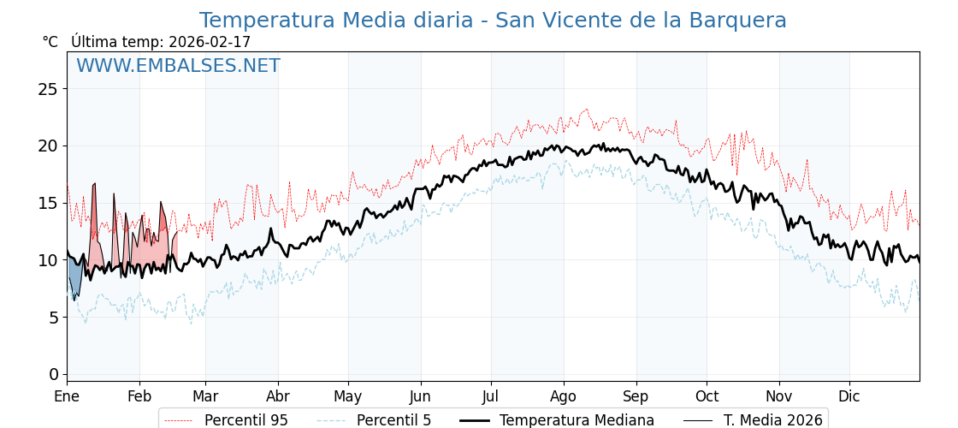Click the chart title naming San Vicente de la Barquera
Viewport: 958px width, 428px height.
(x=492, y=21)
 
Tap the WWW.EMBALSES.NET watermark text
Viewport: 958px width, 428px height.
(x=178, y=66)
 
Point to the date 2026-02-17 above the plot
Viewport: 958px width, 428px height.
(x=210, y=42)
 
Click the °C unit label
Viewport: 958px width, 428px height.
(x=50, y=42)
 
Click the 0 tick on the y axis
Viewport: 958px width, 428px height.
(x=54, y=374)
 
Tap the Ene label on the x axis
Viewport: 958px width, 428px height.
(x=67, y=396)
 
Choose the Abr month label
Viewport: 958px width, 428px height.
(x=278, y=396)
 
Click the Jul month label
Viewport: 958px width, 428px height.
(x=491, y=396)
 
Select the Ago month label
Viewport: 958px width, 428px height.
(x=563, y=396)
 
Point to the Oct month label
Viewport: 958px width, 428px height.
(x=707, y=396)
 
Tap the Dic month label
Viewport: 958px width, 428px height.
(x=849, y=396)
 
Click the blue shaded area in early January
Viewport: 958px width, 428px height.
(x=75, y=278)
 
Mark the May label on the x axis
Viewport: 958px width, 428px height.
(x=348, y=396)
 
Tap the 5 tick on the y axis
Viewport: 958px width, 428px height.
(x=54, y=318)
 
